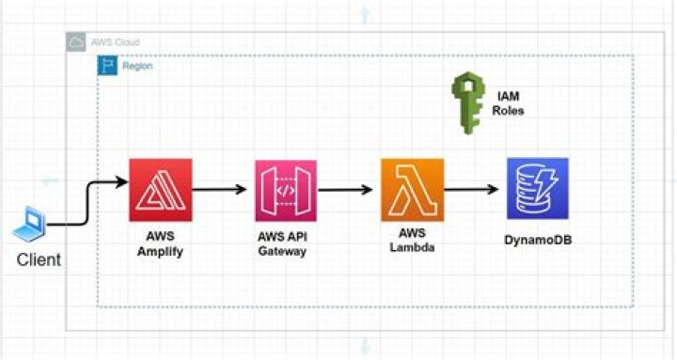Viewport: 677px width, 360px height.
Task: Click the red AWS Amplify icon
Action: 160,190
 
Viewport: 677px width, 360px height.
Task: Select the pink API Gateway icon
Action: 286,190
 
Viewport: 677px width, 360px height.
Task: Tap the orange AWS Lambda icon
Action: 412,190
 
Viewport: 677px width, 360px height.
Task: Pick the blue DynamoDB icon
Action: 537,189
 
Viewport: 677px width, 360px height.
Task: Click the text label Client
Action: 39,259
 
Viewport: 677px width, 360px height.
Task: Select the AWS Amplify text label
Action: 161,244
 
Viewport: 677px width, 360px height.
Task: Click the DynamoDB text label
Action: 538,241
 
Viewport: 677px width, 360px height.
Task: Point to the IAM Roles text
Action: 508,103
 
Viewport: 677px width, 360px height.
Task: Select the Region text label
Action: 137,67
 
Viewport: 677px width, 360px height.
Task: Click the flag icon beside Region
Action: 107,66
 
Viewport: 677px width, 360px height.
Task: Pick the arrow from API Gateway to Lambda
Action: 348,189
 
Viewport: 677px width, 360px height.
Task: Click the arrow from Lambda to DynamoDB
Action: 474,189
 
